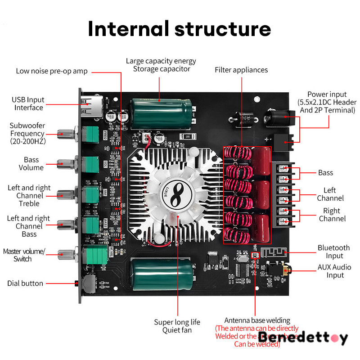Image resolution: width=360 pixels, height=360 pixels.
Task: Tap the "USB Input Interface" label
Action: click(28, 103)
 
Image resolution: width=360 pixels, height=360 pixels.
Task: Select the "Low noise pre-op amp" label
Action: click(52, 71)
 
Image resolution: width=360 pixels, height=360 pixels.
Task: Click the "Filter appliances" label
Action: click(241, 70)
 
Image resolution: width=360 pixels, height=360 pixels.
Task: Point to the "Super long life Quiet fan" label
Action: click(177, 326)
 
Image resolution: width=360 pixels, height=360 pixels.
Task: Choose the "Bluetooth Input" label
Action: click(333, 252)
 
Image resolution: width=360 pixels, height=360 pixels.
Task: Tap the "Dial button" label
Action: click(25, 283)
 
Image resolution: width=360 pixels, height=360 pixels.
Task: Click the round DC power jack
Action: click(274, 118)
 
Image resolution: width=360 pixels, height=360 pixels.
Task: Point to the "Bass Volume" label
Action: click(31, 164)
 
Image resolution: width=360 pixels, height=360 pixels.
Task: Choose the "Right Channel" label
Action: click(332, 215)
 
